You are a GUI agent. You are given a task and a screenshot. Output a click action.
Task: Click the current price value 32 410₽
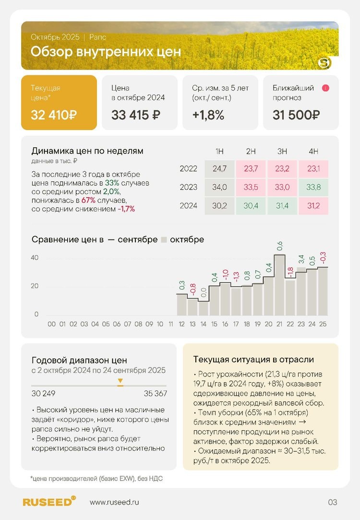(54, 115)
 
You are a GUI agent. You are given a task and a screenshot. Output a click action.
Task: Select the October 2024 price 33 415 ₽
(135, 115)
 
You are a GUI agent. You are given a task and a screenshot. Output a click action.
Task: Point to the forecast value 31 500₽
(296, 115)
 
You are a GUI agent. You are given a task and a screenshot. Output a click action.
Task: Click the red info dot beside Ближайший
(326, 88)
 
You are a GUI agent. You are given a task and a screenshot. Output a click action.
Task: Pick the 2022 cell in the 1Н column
(219, 168)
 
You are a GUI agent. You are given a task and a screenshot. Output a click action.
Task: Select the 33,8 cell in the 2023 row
(313, 187)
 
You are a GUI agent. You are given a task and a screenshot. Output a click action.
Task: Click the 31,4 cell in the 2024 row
(282, 206)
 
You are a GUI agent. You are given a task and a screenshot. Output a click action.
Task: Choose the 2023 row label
(189, 187)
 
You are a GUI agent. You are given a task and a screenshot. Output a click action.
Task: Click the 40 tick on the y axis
(35, 258)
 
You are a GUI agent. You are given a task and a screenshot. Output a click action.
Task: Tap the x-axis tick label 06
(117, 324)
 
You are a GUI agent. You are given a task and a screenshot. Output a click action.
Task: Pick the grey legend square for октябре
(164, 239)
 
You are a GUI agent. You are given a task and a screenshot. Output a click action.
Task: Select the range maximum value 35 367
(155, 394)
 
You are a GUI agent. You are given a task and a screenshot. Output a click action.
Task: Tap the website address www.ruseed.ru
(118, 502)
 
